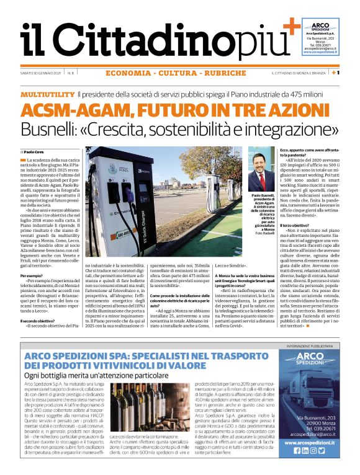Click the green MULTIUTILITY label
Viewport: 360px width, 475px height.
(x=47, y=94)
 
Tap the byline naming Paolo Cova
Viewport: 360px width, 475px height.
(x=35, y=151)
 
